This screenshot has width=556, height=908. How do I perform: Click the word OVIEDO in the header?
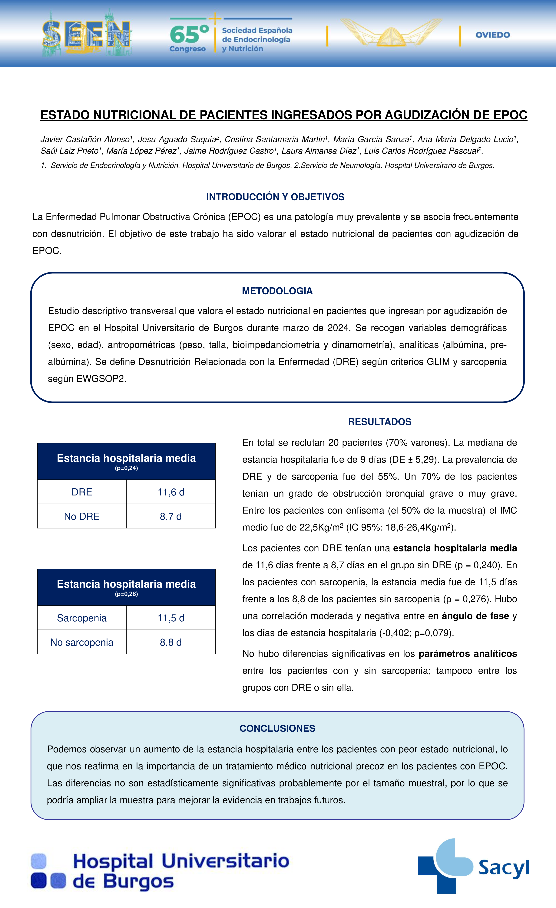[493, 35]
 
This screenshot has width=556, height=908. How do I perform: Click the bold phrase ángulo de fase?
[475, 616]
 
